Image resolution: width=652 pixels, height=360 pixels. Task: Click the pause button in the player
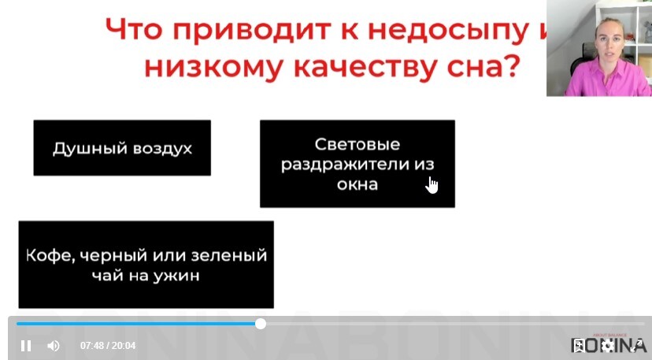coord(26,346)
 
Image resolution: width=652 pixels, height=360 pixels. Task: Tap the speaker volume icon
coord(54,346)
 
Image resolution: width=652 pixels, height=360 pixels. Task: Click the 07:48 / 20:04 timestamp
coord(108,346)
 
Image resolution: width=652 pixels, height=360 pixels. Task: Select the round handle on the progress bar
coord(261,324)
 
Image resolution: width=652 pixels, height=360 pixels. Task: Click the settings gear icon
coord(607,346)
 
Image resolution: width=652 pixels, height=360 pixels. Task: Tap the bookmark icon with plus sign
coord(579,346)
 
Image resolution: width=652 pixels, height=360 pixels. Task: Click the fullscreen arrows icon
coord(636,346)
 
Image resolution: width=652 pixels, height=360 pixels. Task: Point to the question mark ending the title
coord(511,65)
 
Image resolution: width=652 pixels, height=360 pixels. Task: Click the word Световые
coord(357,144)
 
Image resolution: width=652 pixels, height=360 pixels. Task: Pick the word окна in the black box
coord(357,184)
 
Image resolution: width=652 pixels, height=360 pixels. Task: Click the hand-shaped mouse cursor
coord(432,185)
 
